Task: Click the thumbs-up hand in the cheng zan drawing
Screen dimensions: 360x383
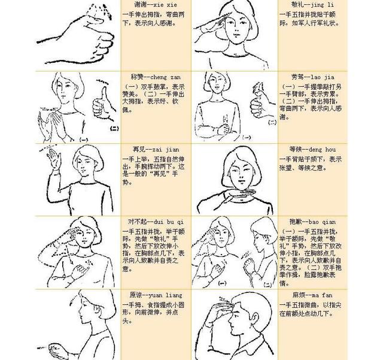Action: click(x=101, y=105)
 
